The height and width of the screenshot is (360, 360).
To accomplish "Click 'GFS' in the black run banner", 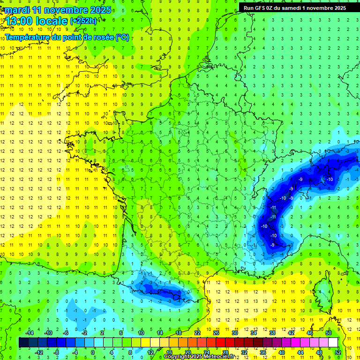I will (x=260, y=7).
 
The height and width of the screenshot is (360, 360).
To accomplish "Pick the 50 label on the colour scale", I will (x=329, y=333).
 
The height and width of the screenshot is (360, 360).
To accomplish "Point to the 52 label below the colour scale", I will (x=337, y=352).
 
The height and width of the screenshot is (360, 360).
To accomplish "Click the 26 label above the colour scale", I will (x=216, y=333).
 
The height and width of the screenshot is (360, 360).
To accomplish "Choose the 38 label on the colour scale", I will (x=272, y=333).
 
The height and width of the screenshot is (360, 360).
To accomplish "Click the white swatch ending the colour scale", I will (x=333, y=343).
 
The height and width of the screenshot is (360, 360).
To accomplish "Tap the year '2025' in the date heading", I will (x=100, y=10).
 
